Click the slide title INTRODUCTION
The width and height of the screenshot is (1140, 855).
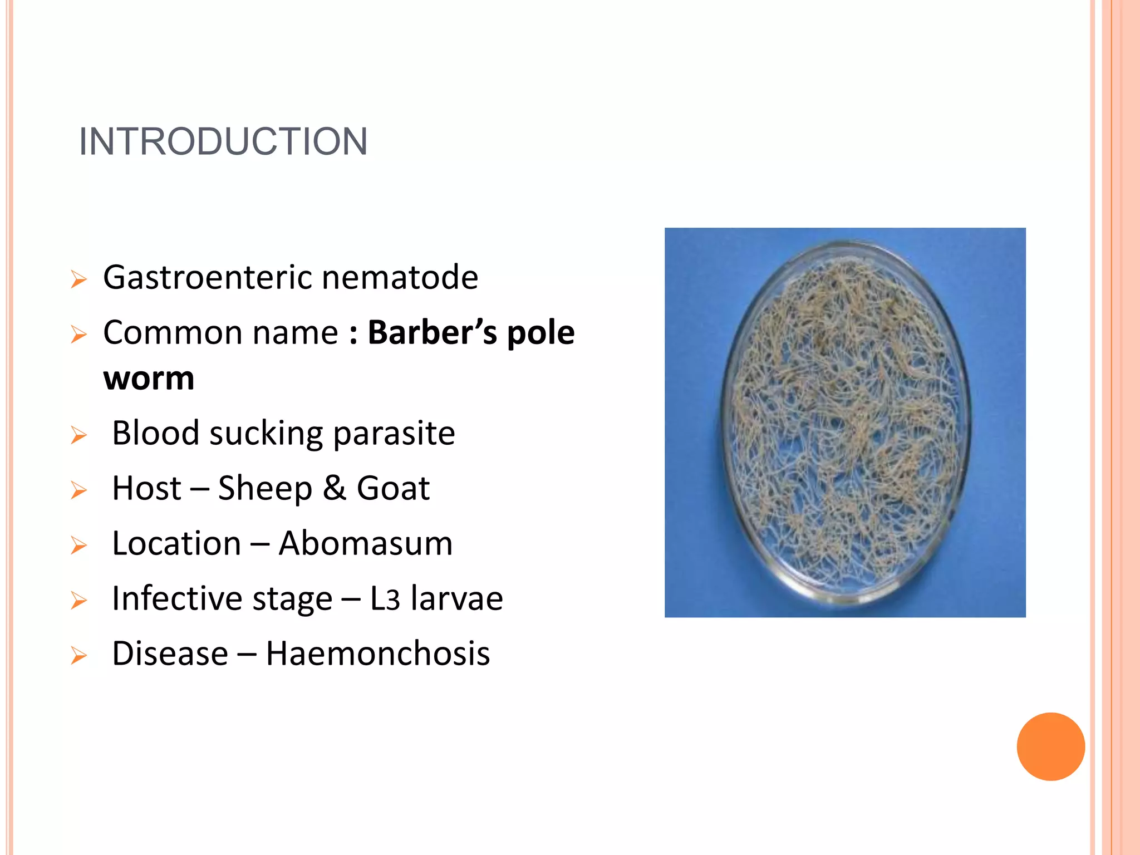223,141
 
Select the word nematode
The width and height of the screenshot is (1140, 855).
400,278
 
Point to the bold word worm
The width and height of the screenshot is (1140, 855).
149,379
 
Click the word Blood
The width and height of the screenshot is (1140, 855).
155,433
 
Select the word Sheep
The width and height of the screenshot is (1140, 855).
265,489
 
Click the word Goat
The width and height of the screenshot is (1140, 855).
393,488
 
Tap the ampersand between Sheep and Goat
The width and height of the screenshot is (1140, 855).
335,488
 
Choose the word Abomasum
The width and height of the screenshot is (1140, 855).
366,543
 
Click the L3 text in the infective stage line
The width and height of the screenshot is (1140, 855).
385,599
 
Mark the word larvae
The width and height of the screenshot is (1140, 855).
456,598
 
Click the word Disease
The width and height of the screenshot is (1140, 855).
170,653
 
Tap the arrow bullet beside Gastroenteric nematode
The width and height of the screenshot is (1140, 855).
79,279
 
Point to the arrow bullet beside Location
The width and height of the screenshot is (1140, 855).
79,546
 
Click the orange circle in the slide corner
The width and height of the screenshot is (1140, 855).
1050,746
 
